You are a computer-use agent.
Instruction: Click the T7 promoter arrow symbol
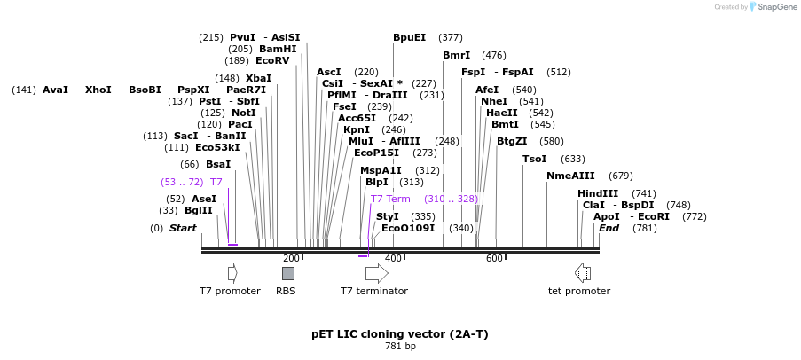(232, 273)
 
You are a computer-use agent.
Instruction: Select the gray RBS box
(287, 273)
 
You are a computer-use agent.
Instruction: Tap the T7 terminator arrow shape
(376, 273)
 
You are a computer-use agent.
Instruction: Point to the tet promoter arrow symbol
(583, 273)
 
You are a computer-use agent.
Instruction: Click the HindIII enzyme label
(598, 193)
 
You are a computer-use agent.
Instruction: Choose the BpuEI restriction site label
(410, 37)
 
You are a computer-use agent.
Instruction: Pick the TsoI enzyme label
(535, 159)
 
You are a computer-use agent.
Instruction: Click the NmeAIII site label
(570, 176)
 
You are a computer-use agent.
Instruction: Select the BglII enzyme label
(199, 210)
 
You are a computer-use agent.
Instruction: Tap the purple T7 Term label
(390, 199)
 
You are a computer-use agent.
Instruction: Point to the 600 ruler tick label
(493, 258)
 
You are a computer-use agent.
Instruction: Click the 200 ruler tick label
(291, 258)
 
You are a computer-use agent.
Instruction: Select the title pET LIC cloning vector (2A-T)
(400, 334)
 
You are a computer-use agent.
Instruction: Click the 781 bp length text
(400, 346)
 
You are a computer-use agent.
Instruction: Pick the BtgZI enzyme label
(512, 141)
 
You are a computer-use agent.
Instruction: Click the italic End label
(609, 228)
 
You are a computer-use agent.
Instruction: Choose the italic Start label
(183, 228)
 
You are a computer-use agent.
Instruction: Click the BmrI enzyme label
(457, 55)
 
